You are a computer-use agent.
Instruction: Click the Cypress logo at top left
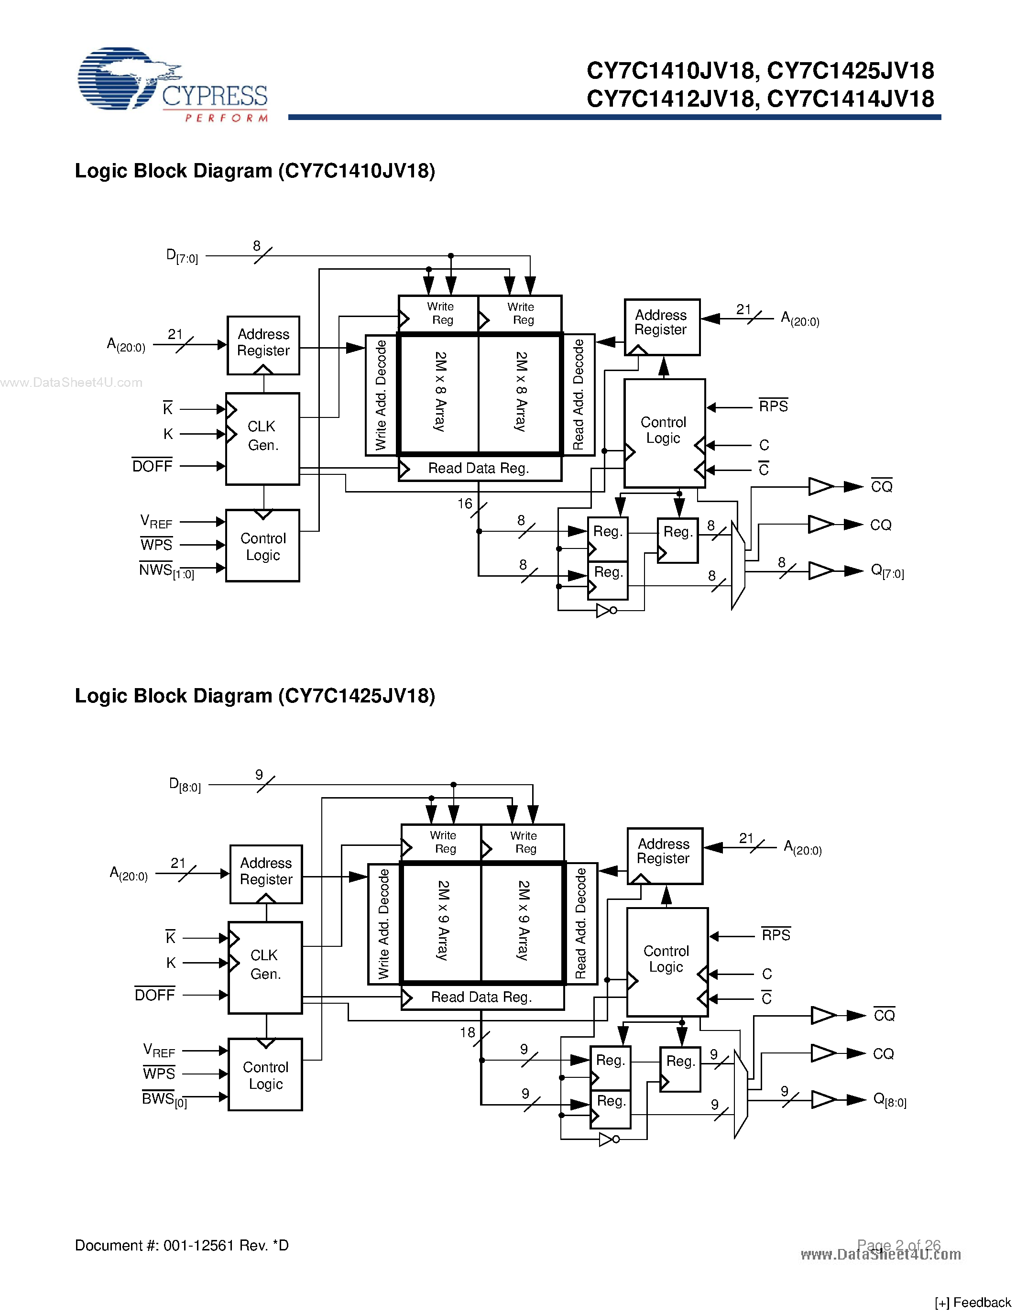(173, 84)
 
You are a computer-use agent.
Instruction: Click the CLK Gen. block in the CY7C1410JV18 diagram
(262, 439)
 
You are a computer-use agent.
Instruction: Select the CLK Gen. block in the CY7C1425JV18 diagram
(265, 967)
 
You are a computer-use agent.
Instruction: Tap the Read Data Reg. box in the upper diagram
(480, 469)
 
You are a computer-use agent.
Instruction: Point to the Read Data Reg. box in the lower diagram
(482, 997)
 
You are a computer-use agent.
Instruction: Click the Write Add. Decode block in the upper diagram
(382, 395)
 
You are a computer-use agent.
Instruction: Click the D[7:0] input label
(182, 256)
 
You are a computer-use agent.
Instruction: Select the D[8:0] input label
(185, 785)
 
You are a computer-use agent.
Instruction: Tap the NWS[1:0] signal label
(166, 570)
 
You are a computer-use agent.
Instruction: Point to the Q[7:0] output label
(887, 571)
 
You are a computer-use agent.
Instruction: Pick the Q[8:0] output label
(890, 1099)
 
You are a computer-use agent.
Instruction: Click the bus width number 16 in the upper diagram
(465, 504)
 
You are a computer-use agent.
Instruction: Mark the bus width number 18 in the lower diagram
(467, 1032)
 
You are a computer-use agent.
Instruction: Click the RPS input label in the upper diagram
(773, 406)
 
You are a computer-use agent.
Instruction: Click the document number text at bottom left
(182, 1245)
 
